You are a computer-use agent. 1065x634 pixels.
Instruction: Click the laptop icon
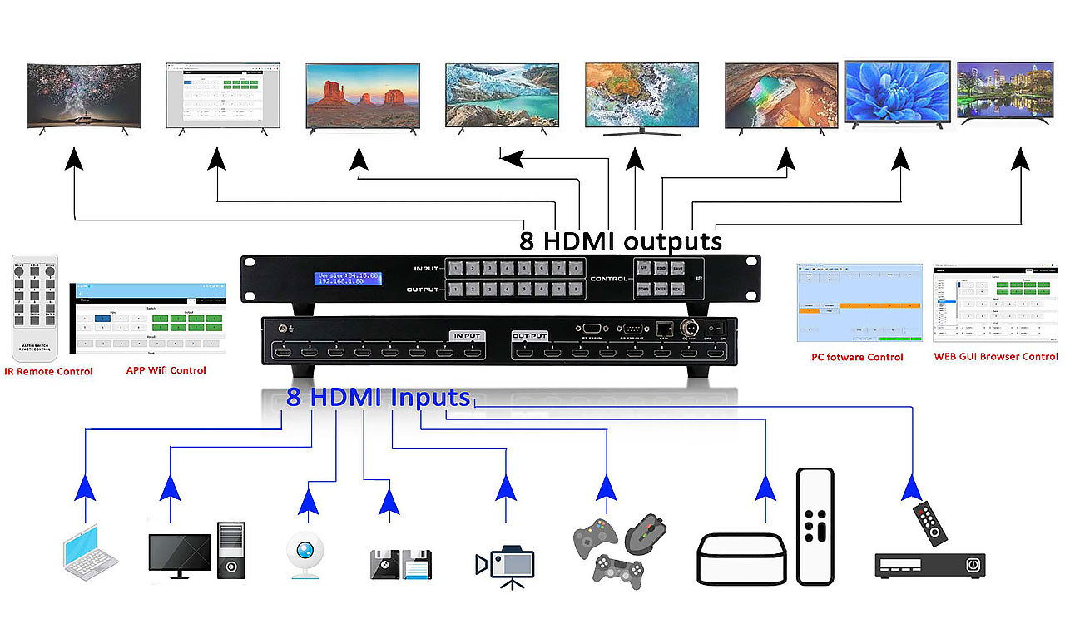pos(91,552)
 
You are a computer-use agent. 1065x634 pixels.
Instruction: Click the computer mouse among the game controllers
pos(644,532)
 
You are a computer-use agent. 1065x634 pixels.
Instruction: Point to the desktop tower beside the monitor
pos(231,550)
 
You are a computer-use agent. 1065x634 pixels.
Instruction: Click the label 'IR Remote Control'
pos(49,371)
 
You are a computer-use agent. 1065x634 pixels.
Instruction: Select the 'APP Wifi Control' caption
pos(166,369)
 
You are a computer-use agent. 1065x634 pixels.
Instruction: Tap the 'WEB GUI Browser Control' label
pos(995,357)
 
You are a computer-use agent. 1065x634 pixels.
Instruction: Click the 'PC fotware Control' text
pos(857,357)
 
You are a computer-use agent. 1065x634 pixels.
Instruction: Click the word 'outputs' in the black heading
pos(673,241)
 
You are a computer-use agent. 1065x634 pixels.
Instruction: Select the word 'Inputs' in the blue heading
pos(432,397)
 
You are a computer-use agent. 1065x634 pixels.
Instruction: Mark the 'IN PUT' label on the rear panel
pos(467,335)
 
